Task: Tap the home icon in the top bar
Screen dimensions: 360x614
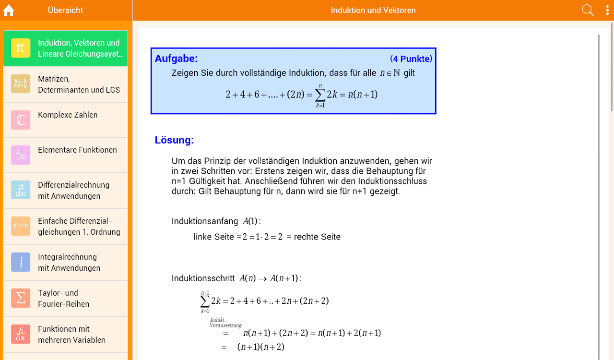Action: (9, 11)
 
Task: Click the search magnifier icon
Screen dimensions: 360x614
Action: (588, 10)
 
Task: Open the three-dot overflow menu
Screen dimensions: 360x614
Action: (607, 11)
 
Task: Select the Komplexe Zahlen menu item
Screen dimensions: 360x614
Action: (68, 115)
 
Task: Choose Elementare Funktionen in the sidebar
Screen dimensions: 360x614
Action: (77, 150)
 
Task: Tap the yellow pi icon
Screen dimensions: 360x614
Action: (21, 48)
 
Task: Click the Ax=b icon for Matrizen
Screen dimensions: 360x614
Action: (21, 84)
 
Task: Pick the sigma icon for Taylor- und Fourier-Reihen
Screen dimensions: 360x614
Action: (21, 298)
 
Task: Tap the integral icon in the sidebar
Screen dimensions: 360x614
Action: (21, 262)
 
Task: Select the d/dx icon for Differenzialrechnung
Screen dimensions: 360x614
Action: (21, 190)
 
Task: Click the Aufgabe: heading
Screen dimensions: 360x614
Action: (176, 59)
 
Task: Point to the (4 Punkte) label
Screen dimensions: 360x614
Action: (411, 59)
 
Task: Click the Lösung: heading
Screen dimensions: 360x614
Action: (174, 140)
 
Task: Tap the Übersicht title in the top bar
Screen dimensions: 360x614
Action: (65, 10)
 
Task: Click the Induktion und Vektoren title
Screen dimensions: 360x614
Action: (373, 10)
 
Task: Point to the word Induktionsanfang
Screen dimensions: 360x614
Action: (205, 221)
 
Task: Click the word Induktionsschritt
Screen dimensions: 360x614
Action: (203, 278)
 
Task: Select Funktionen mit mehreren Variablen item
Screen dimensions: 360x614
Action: (71, 335)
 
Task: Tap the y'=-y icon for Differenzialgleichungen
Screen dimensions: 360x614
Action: (21, 226)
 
